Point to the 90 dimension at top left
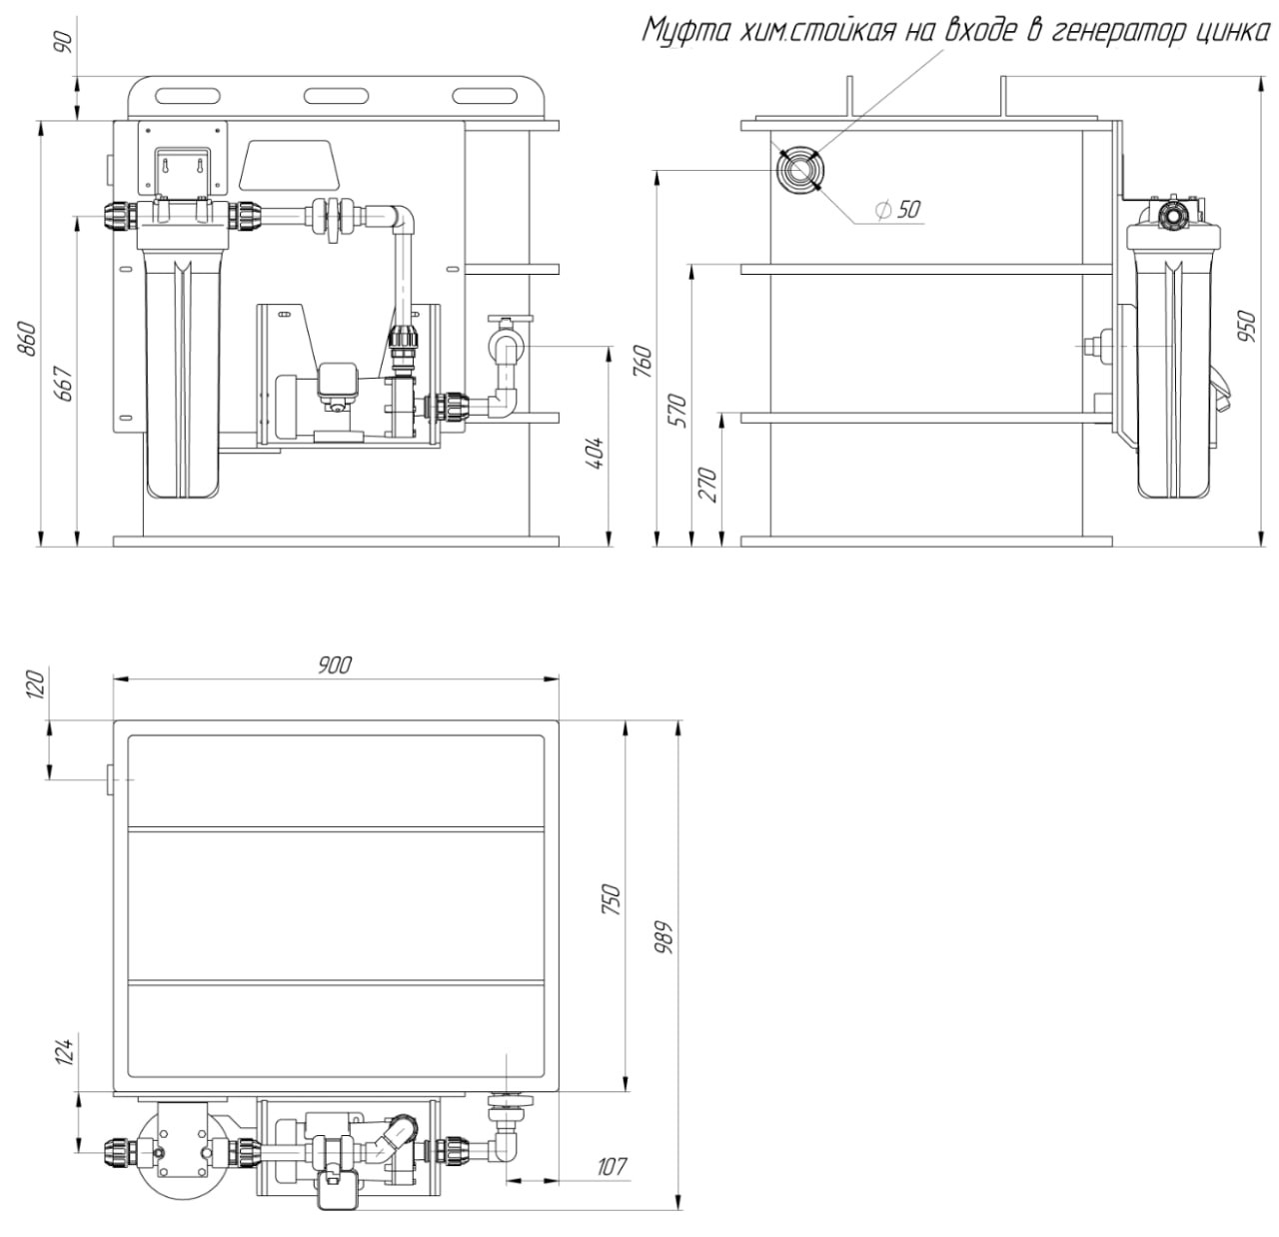65,43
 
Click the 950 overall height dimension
1247,325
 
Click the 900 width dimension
334,665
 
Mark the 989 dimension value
665,937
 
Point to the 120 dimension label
36,686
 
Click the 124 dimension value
65,1052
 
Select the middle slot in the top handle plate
335,96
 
